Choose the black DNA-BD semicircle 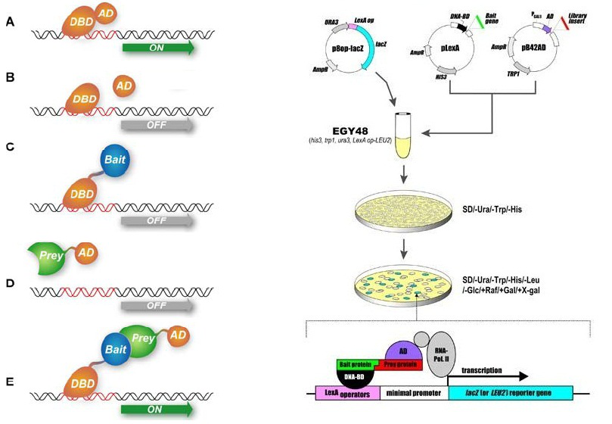coord(353,376)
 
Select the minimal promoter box coord(414,394)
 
